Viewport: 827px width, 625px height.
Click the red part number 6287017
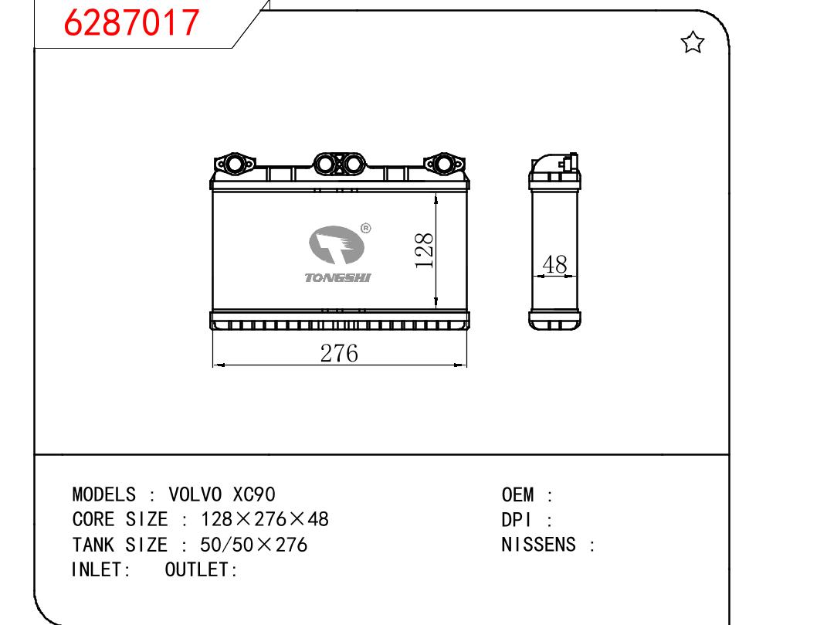[131, 22]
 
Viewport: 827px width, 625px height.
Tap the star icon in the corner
[692, 42]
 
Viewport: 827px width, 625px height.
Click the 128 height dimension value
[425, 250]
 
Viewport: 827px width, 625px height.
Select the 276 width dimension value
[339, 353]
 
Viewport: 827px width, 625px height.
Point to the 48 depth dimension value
[554, 264]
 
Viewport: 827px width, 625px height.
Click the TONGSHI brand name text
[337, 277]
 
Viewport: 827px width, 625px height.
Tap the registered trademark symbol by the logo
[365, 228]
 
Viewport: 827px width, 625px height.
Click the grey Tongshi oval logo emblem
[337, 245]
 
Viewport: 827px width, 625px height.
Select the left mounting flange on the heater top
[234, 163]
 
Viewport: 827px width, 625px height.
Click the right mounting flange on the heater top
[444, 163]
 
